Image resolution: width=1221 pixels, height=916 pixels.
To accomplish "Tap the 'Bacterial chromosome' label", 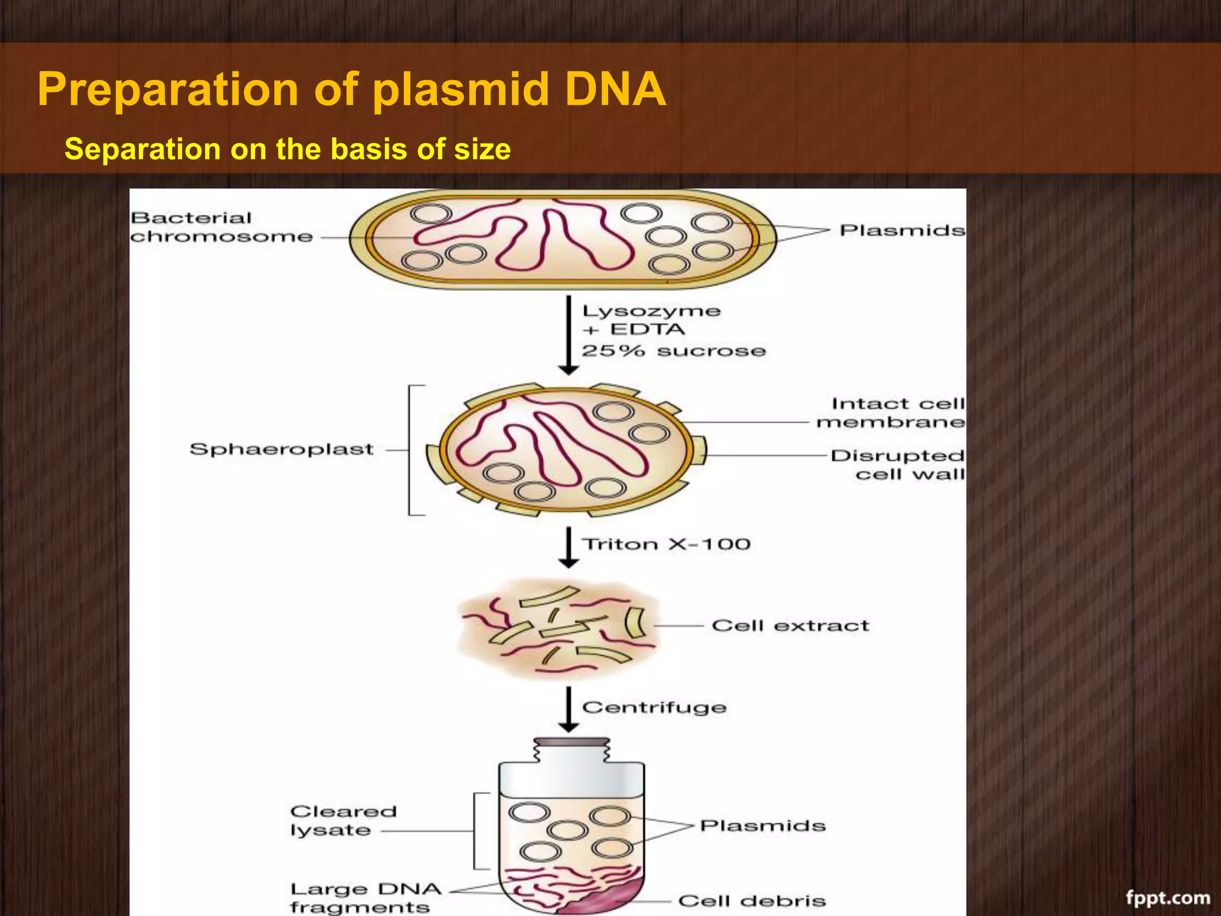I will [x=221, y=227].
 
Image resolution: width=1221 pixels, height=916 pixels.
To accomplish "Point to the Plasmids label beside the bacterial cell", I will [x=901, y=230].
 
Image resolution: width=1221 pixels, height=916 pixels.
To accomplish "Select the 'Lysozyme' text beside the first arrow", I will [x=651, y=311].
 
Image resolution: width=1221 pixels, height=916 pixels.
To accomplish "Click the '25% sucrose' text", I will [x=673, y=351].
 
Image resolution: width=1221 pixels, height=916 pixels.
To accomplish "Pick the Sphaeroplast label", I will [x=281, y=449].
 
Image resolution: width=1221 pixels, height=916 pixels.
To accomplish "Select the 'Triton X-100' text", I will [x=666, y=544].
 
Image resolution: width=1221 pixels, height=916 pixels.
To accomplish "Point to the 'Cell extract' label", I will [x=790, y=626].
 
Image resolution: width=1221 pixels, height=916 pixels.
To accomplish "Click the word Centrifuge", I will [x=654, y=707].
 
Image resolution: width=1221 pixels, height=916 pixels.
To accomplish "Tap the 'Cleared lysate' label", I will [x=342, y=821].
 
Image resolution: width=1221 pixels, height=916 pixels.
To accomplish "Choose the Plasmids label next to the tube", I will [x=763, y=825].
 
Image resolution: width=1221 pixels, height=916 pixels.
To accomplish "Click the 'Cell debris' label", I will [x=751, y=900].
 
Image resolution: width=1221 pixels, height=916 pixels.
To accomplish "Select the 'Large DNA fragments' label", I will [x=364, y=898].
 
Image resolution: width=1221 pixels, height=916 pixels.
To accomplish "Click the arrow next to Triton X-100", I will [x=569, y=547].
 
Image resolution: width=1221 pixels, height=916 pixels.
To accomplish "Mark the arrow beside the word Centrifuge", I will [x=569, y=709].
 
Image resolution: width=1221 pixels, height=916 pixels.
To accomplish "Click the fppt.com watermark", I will [x=1168, y=898].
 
